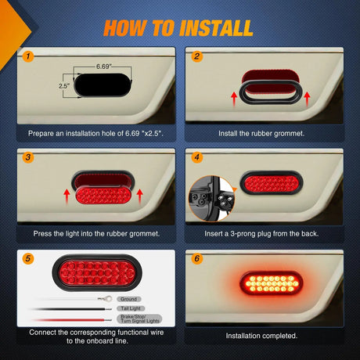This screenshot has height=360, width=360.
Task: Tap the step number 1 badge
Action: click(x=28, y=57)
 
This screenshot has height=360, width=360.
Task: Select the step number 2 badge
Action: click(x=197, y=57)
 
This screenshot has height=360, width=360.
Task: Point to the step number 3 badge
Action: click(x=28, y=157)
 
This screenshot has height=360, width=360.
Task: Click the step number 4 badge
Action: click(x=197, y=157)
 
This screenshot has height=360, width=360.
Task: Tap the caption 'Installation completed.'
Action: click(x=261, y=335)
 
